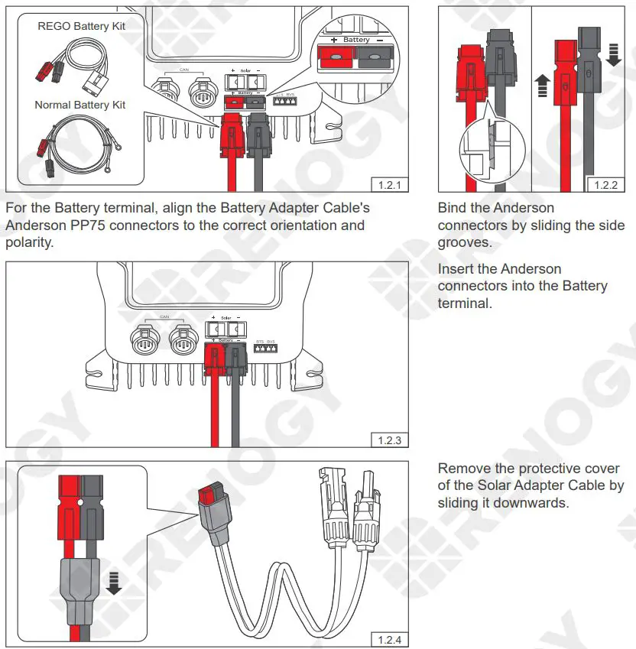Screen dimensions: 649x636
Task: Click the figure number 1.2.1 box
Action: [x=389, y=184]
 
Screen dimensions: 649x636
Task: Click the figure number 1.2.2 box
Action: [x=605, y=184]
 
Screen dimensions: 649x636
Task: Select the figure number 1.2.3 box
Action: [x=389, y=440]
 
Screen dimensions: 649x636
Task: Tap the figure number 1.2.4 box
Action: [x=389, y=640]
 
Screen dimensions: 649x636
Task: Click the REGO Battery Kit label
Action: [x=82, y=26]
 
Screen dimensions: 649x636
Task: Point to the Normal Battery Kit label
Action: [x=80, y=105]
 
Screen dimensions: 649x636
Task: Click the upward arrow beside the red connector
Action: [x=542, y=84]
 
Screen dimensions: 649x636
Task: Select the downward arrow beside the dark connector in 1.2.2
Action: [x=613, y=54]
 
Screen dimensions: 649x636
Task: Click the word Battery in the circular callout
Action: [x=356, y=40]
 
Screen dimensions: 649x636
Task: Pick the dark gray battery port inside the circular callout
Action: [x=377, y=57]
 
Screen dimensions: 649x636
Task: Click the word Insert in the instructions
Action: [x=456, y=269]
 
